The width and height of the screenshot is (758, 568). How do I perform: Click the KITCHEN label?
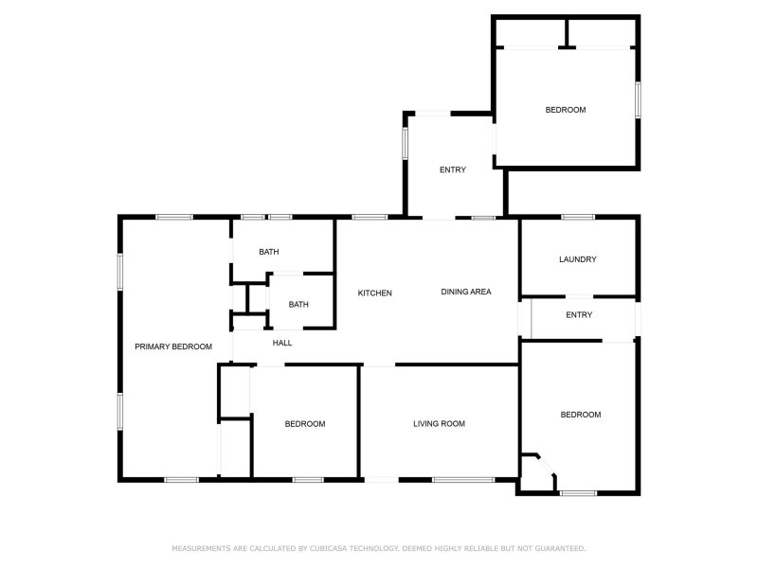tap(374, 293)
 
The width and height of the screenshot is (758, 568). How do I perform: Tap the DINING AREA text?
tap(465, 292)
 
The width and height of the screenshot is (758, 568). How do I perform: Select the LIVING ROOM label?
tap(439, 424)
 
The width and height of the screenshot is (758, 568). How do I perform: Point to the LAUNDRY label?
tap(577, 259)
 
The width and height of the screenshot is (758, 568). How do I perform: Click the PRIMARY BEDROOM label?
tap(172, 346)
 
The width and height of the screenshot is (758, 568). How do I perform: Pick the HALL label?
tap(282, 343)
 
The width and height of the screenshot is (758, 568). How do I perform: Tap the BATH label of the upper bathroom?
tap(269, 252)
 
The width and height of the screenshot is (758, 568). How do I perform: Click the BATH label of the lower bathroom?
tap(298, 304)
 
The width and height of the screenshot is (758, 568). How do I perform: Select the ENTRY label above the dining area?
tap(452, 170)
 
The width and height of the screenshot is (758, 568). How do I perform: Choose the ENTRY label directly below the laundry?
tap(578, 315)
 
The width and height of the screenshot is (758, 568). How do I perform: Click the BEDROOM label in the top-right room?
tap(565, 110)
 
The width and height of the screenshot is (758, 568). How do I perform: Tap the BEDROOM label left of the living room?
tap(305, 424)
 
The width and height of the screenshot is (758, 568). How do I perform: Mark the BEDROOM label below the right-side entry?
tap(580, 415)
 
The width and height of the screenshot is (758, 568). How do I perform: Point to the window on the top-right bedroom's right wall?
tap(639, 99)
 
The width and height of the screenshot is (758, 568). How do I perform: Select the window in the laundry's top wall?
tap(577, 218)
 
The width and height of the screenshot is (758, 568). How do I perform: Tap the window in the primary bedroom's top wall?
tap(174, 218)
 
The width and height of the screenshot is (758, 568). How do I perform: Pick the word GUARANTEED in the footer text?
tap(559, 548)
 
